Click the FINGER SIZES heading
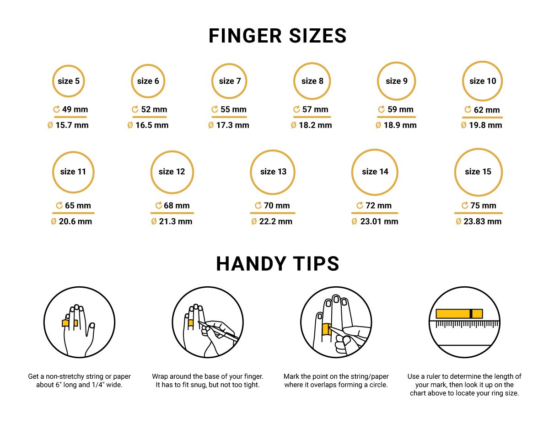277,36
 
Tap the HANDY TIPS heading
277,263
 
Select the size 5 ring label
69,81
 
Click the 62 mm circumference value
487,110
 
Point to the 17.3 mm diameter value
233,125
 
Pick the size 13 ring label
274,172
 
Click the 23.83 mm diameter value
482,221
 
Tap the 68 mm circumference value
177,205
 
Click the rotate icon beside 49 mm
56,109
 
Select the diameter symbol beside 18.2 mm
293,125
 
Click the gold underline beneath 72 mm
375,213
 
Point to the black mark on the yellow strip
471,314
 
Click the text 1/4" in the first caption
98,385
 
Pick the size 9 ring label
396,81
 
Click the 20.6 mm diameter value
75,221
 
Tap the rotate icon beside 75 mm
465,205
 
